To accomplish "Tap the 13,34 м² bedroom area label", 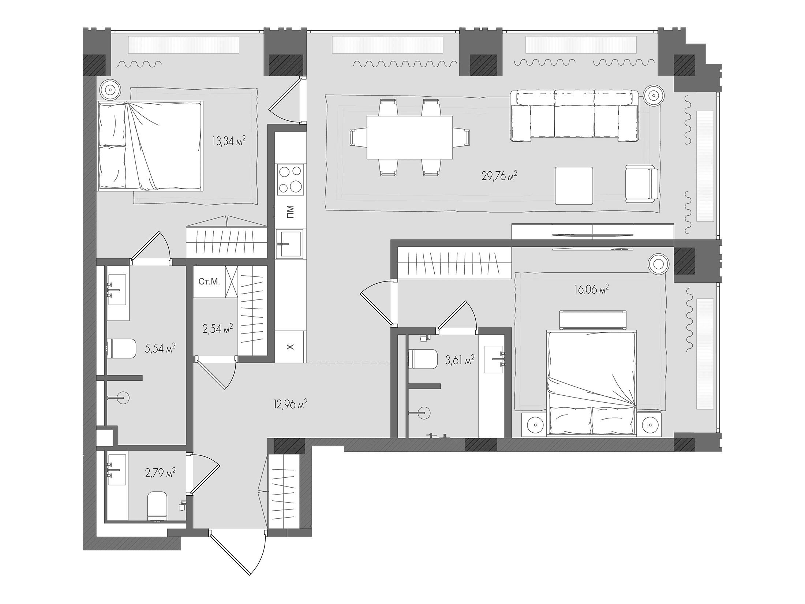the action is (x=229, y=141).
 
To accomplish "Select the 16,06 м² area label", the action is (x=591, y=290).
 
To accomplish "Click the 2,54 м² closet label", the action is (x=218, y=329).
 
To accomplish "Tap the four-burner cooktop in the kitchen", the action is (x=291, y=179).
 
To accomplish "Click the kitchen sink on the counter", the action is (x=289, y=244).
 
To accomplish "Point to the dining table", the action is (x=409, y=138).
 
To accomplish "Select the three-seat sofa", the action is (x=574, y=115).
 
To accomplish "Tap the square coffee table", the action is (x=574, y=186).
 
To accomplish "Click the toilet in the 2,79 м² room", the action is (x=157, y=507).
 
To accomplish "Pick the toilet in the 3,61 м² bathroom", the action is (x=423, y=359).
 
